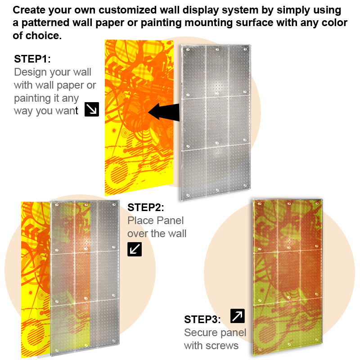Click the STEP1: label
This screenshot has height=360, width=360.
(33, 59)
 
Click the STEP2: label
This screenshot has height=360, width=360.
(146, 207)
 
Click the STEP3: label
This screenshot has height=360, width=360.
(202, 319)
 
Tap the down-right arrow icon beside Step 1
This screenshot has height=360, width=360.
(91, 109)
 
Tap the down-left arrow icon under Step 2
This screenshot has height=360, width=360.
(135, 249)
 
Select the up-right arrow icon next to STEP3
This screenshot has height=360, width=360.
(237, 316)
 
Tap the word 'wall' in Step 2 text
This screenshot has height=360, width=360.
(177, 234)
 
